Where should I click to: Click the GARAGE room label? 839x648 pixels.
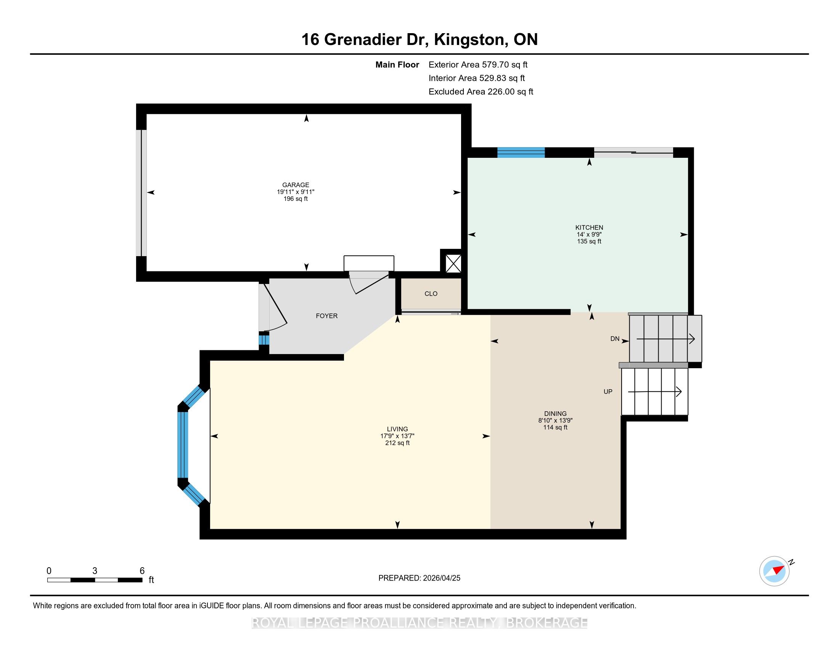[296, 184]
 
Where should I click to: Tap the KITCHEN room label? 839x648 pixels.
[589, 227]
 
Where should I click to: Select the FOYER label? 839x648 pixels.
[326, 316]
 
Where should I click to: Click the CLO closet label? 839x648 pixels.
[431, 294]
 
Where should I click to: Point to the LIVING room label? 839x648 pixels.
[397, 429]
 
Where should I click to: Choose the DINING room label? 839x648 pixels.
[555, 414]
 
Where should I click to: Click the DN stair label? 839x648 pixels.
[615, 338]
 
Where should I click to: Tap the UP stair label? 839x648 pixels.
[608, 391]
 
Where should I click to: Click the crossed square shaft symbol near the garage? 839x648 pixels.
[453, 263]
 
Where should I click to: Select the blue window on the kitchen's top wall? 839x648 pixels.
[521, 152]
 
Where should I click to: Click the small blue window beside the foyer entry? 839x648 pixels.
[264, 340]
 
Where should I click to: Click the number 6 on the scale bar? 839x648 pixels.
[142, 571]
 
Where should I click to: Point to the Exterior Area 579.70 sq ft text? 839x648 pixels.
[478, 64]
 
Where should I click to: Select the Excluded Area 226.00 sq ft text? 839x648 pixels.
[481, 91]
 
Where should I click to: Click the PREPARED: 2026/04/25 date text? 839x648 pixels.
[419, 578]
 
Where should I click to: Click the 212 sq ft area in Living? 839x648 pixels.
[397, 443]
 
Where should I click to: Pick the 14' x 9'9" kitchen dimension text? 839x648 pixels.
[589, 234]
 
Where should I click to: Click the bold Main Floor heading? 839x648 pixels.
[397, 64]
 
